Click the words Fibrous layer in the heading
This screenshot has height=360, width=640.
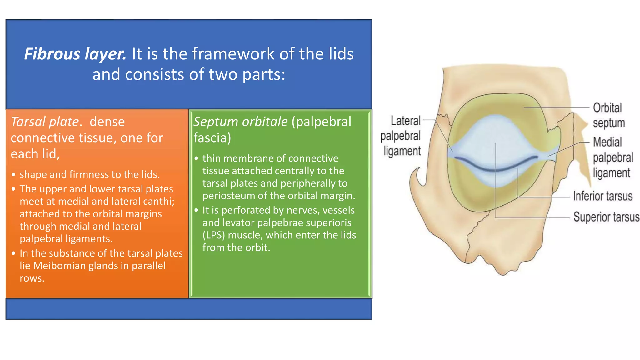coord(75,54)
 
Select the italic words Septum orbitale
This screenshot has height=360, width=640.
coord(240,122)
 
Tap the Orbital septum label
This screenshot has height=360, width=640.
coord(608,115)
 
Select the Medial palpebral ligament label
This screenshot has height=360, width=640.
coord(612,157)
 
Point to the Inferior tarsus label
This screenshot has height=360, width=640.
coord(602,196)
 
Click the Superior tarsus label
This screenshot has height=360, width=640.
coord(606,217)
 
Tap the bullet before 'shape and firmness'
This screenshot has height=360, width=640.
coord(13,175)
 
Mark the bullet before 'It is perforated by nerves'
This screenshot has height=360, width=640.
coord(196,210)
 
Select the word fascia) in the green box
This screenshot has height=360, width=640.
coord(212,138)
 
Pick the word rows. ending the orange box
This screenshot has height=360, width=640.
coord(32,278)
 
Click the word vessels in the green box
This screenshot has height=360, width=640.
coord(338,210)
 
